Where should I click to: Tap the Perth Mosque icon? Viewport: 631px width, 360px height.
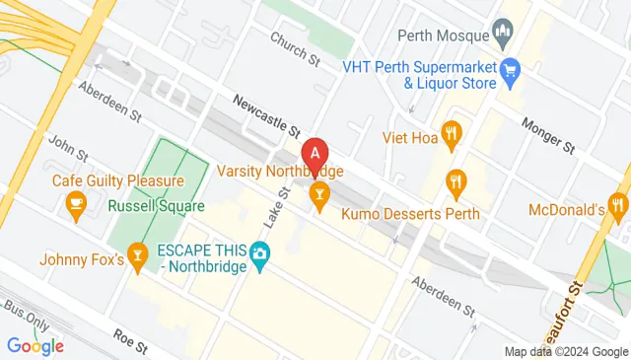[503, 36]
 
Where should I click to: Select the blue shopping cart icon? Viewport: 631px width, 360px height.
[510, 69]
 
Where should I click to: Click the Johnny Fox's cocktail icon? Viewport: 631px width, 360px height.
[138, 258]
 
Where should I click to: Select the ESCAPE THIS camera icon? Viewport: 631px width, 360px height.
[259, 255]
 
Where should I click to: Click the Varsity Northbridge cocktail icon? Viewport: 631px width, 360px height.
[318, 195]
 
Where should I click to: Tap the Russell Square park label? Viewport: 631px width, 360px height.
[157, 206]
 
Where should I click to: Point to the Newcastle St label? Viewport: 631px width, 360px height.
[266, 112]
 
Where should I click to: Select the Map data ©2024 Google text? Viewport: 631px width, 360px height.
[565, 351]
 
